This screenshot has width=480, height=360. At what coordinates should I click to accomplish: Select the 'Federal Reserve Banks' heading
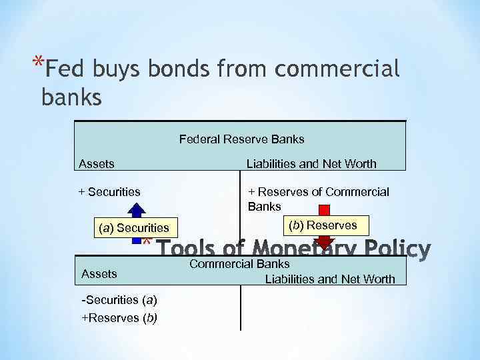click(x=241, y=139)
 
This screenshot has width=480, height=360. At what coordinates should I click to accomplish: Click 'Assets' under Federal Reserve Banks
click(x=97, y=163)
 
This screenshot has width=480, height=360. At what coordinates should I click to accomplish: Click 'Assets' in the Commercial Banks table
click(x=99, y=273)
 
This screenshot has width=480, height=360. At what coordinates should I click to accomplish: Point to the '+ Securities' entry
click(x=109, y=192)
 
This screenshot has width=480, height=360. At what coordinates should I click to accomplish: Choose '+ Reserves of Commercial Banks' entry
click(x=318, y=199)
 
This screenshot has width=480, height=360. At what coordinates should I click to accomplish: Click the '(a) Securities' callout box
click(x=133, y=228)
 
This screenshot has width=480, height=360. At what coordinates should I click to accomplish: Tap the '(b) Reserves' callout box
click(x=323, y=225)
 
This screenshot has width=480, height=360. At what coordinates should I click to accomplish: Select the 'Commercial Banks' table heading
click(x=239, y=264)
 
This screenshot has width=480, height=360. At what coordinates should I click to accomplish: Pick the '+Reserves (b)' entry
click(x=119, y=318)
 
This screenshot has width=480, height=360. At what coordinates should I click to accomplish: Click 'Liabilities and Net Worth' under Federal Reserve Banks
click(x=311, y=163)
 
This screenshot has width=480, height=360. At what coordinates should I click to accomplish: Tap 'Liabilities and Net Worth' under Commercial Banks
click(x=330, y=279)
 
